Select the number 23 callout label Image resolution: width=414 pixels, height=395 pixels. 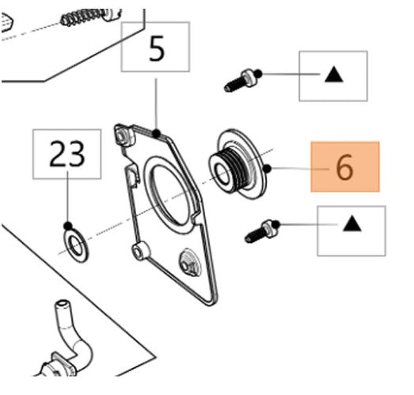pos(66,154)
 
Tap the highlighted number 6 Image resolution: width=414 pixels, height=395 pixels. pos(345,166)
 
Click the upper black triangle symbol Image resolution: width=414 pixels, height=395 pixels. pos(334,74)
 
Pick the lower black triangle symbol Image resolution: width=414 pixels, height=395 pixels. pos(352,223)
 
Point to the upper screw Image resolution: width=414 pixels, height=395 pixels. pos(241,81)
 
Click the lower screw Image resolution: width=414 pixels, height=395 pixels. pos(261,232)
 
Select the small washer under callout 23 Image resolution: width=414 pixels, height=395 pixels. pos(76,246)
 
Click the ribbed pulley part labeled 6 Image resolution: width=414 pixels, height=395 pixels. pos(237,164)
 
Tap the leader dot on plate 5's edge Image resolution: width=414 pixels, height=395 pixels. pos(157,134)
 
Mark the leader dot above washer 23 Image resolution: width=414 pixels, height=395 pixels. pos(68,226)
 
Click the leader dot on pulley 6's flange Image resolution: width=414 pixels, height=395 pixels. pos(268,168)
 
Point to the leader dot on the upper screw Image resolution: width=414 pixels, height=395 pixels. pos(259,74)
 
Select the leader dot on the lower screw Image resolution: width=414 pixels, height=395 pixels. pos(276,225)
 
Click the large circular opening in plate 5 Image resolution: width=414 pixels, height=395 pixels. pos(169,195)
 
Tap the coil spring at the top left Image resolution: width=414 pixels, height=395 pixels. pos(85,17)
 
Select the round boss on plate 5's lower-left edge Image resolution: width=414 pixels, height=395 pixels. pos(139,251)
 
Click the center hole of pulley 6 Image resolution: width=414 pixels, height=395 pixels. pos(222,173)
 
